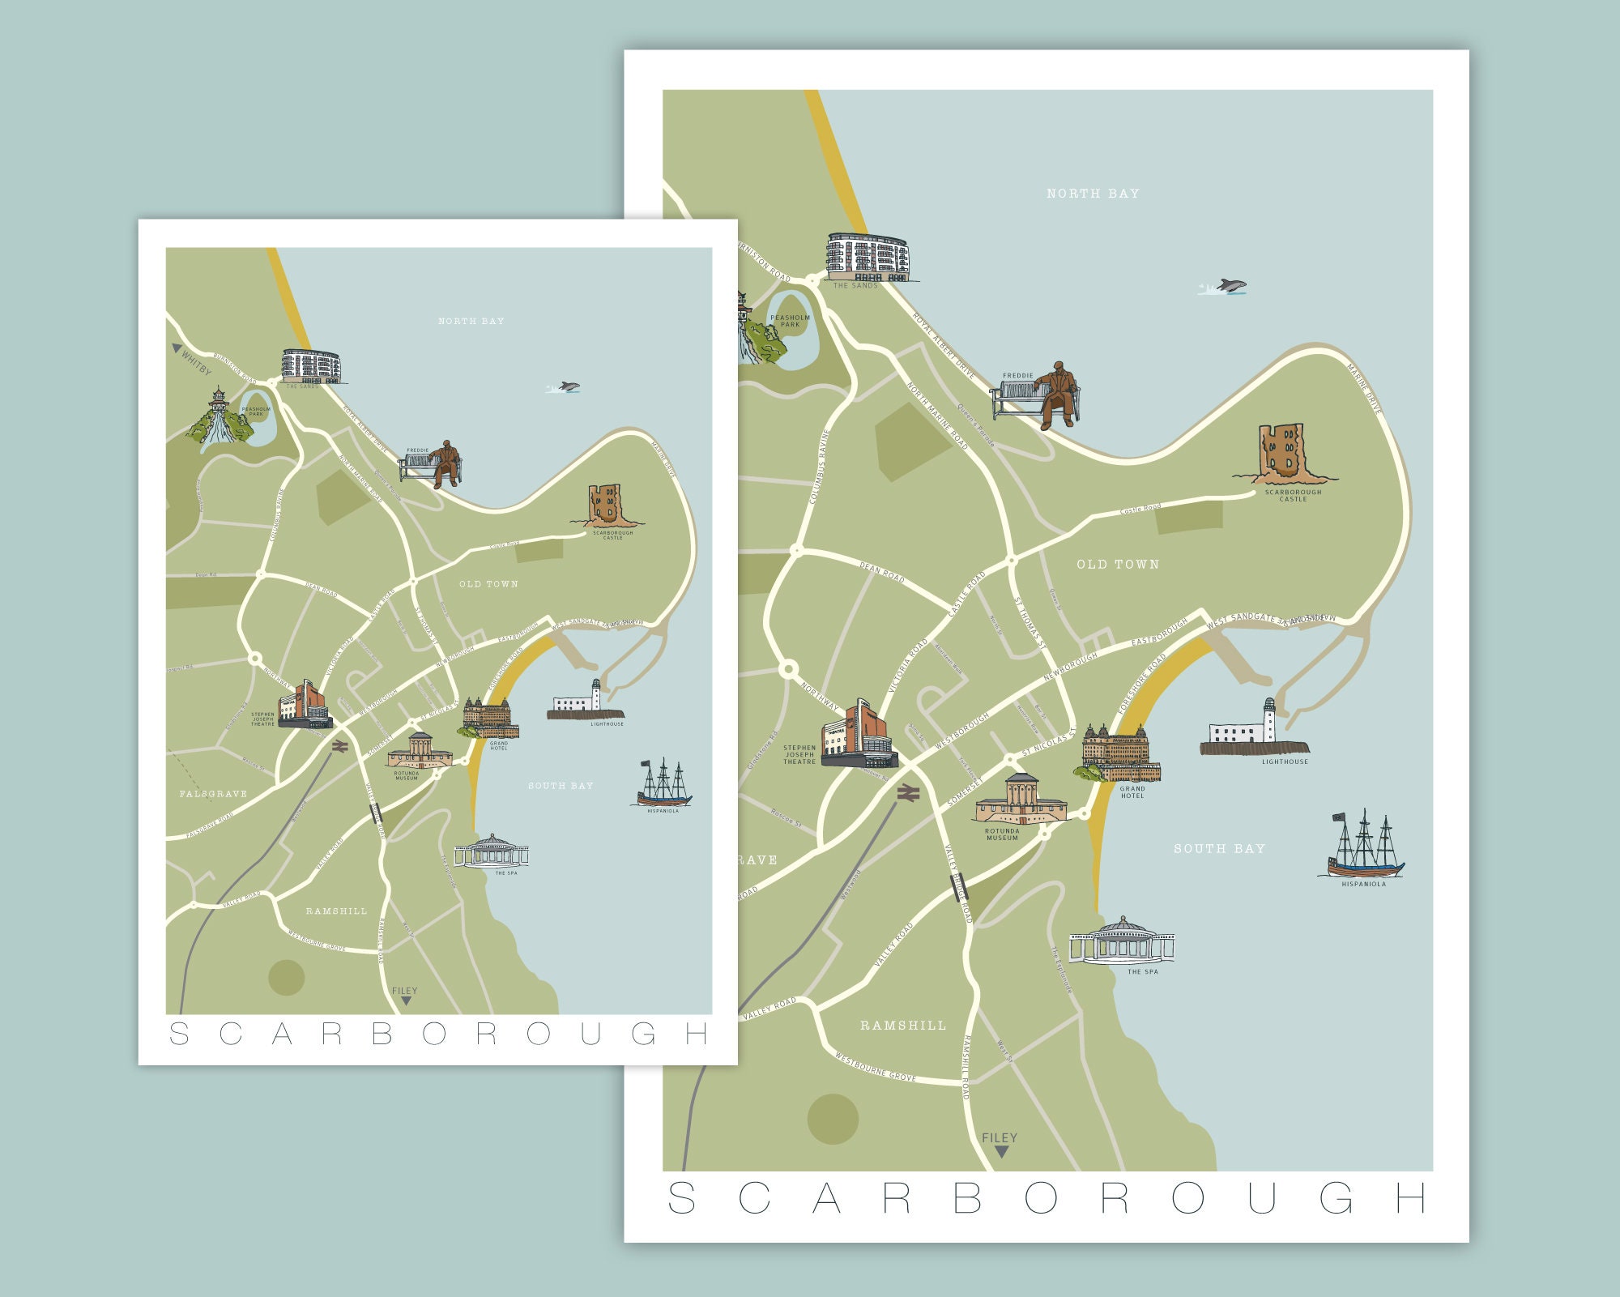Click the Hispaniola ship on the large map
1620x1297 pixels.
[1366, 847]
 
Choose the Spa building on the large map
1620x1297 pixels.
[1122, 941]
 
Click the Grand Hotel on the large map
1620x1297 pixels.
[1122, 754]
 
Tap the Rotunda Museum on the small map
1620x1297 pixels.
[420, 751]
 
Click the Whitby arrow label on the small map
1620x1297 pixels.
[191, 358]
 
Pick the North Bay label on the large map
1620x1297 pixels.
[1093, 194]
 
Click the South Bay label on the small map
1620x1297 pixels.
[561, 786]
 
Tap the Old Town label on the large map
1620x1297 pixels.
[1118, 565]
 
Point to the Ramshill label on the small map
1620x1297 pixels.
[336, 911]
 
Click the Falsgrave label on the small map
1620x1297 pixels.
[213, 794]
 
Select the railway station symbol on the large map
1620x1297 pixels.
[908, 794]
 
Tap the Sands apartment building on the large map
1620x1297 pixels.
[868, 257]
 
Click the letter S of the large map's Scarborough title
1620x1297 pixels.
[681, 1198]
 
